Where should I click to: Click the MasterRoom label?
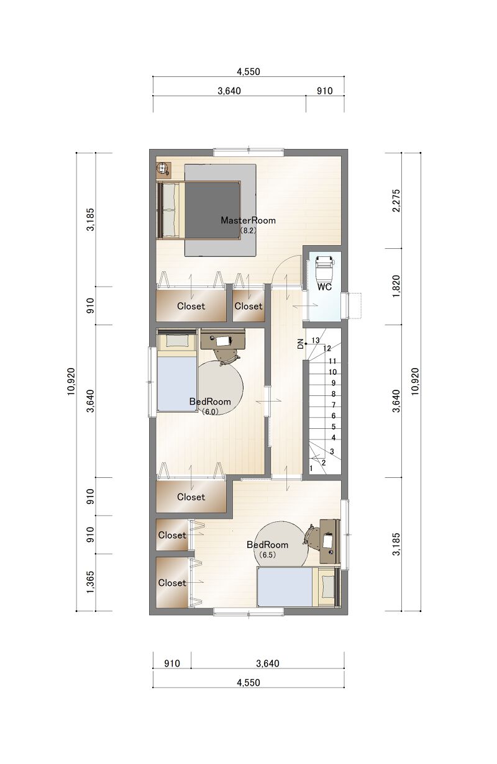point(248,220)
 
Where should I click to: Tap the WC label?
point(324,287)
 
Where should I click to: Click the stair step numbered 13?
point(316,340)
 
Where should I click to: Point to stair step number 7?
point(334,405)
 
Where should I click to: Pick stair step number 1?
point(311,469)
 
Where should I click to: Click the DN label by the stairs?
point(301,344)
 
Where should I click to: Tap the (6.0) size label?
point(209,411)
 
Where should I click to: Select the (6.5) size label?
point(267,555)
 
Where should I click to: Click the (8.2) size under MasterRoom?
point(247,230)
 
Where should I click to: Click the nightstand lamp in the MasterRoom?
point(162,168)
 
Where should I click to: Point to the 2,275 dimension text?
point(396,200)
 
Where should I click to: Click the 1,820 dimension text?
point(396,286)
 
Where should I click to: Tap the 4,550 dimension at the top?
point(248,71)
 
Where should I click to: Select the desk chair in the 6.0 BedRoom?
point(227,356)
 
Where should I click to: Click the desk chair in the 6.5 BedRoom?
point(311,539)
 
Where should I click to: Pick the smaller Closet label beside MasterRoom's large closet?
point(248,306)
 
